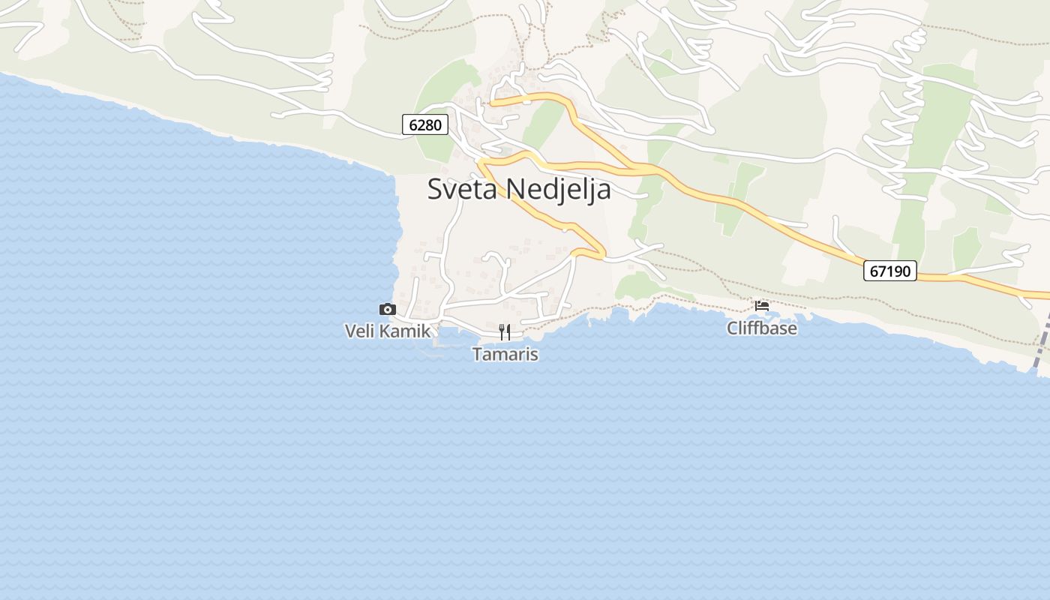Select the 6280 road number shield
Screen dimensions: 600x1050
[425, 124]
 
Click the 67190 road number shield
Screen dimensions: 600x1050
[890, 271]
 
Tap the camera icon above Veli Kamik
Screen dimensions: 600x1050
[387, 309]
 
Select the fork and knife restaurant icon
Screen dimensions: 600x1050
[505, 331]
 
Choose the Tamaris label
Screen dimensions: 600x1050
[505, 354]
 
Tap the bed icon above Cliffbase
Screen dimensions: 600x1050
[762, 306]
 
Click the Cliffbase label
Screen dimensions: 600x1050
[761, 328]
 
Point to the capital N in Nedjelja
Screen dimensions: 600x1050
[514, 189]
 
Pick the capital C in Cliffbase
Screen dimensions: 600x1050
[733, 328]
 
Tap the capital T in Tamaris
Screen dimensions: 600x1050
[478, 354]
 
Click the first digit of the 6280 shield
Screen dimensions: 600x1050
[413, 124]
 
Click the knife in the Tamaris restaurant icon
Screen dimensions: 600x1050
[508, 331]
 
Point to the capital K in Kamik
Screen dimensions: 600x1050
[387, 331]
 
